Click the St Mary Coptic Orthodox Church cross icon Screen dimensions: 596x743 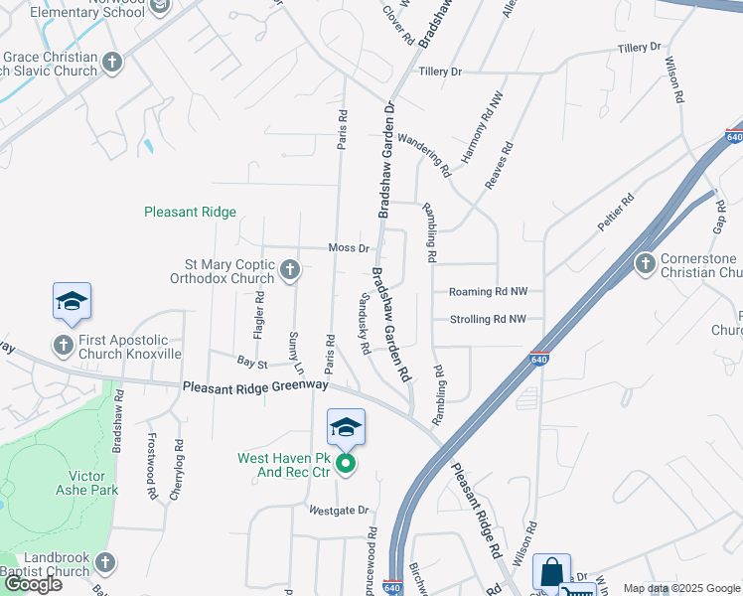(290, 269)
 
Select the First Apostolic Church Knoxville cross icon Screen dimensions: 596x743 (64, 345)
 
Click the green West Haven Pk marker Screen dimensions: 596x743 (346, 463)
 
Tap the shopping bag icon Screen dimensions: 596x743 (551, 573)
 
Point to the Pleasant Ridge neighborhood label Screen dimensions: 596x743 (190, 212)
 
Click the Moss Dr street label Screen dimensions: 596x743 (349, 248)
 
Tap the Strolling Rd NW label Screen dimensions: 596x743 (487, 319)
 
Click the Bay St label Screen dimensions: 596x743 (247, 364)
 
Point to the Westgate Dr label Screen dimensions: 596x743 (339, 511)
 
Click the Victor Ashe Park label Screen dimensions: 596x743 (93, 483)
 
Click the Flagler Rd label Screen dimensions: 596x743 (259, 316)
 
